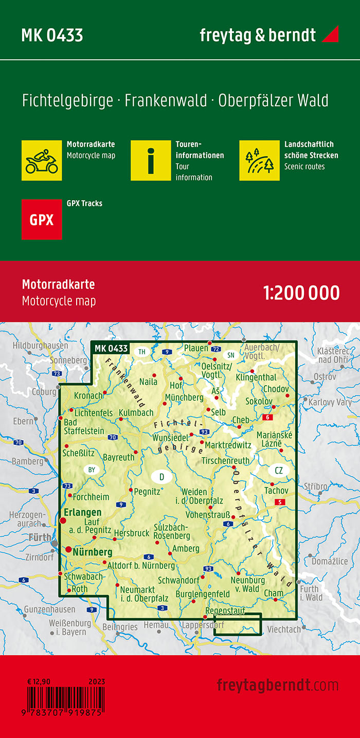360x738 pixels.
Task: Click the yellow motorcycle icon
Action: click(42, 160)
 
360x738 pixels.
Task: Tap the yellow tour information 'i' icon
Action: click(150, 160)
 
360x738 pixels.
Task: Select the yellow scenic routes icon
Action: click(259, 160)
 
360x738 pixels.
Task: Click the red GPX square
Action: click(42, 220)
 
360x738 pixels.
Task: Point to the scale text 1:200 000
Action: click(301, 293)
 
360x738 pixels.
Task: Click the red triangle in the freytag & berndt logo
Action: click(330, 34)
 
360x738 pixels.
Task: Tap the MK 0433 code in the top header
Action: click(52, 35)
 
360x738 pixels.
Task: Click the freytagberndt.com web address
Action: click(278, 685)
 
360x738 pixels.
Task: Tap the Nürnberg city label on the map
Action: click(93, 552)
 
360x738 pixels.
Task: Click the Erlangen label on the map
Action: click(82, 512)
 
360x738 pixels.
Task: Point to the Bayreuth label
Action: click(118, 457)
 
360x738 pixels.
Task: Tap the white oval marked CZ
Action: click(279, 470)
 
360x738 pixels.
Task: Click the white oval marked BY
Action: click(92, 470)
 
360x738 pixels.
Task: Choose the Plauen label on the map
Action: click(196, 348)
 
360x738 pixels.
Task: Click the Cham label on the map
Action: click(273, 593)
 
